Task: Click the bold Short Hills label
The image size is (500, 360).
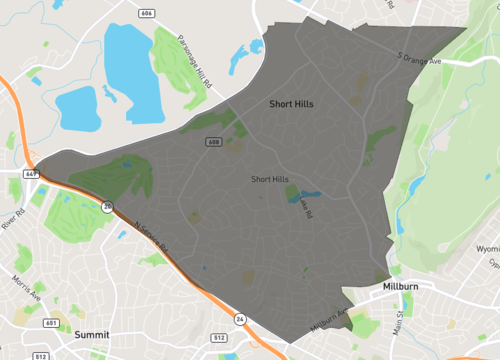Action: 293,103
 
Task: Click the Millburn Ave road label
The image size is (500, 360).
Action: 329,321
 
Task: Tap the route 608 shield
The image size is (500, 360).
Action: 213,143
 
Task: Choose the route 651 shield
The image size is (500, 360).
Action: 52,323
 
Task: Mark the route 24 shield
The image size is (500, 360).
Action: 240,319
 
